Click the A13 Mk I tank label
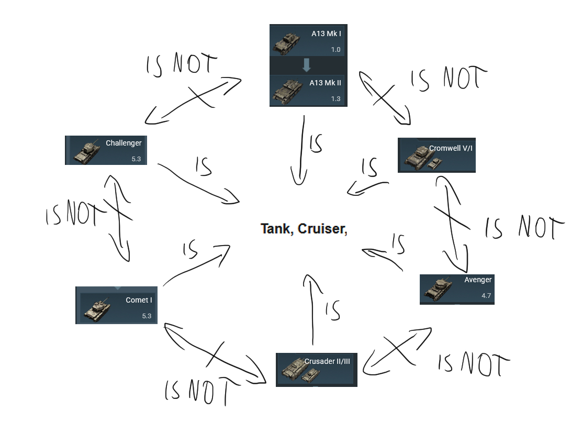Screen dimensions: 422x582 pyautogui.click(x=326, y=34)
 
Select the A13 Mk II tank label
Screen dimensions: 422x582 pyautogui.click(x=325, y=83)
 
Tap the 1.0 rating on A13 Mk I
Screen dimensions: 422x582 pyautogui.click(x=335, y=50)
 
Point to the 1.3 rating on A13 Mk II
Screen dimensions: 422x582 pyautogui.click(x=335, y=98)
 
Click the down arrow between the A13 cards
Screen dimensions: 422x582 pyautogui.click(x=307, y=65)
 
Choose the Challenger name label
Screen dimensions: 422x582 pyautogui.click(x=124, y=143)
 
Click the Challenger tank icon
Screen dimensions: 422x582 pyautogui.click(x=87, y=152)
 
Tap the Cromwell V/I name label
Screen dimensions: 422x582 pyautogui.click(x=451, y=148)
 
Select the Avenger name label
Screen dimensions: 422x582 pyautogui.click(x=478, y=280)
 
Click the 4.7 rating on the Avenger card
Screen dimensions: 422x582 pyautogui.click(x=486, y=296)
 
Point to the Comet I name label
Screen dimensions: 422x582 pyautogui.click(x=139, y=300)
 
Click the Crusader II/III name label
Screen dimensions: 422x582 pyautogui.click(x=327, y=361)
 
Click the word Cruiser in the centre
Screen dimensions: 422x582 pyautogui.click(x=322, y=229)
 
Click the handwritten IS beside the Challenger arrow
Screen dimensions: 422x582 pyautogui.click(x=203, y=166)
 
